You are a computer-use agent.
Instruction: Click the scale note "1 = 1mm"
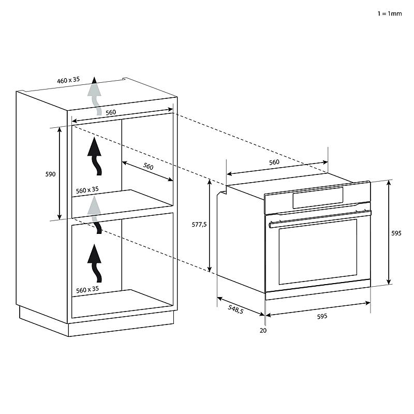coord(390,13)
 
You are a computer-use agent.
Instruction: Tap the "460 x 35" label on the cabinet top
coord(68,80)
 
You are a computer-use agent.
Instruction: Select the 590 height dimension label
coord(50,174)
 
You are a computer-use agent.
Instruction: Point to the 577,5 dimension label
coord(199,225)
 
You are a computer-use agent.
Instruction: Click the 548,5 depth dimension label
coord(235,308)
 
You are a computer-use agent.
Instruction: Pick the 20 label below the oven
coord(263,330)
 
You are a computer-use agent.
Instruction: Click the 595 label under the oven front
coord(322,316)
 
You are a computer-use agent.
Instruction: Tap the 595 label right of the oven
coord(396,233)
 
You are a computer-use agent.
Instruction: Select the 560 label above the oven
coord(274,162)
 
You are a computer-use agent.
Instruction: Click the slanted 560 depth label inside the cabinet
coord(148,166)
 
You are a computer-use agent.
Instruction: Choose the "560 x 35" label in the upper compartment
coord(87,190)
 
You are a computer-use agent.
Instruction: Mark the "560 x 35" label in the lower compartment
coord(87,290)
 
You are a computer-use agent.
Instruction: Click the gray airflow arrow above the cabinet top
coord(95,96)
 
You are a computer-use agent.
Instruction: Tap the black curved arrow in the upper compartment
coord(95,156)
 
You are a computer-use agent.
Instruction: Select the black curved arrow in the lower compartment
coord(95,263)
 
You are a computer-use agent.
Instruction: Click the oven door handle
coord(320,218)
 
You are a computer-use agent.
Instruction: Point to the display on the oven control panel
coord(318,198)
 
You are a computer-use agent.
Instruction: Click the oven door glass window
coord(318,252)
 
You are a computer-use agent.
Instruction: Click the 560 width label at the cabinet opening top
coord(111,112)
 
